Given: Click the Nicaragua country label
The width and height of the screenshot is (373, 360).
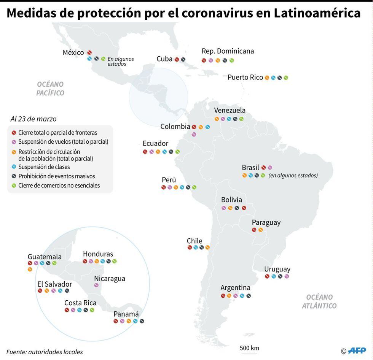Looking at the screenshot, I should pos(110,279).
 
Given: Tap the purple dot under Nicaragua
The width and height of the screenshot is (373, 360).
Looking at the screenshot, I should pos(96,285).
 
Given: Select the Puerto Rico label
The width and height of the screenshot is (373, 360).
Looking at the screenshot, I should pos(245,78).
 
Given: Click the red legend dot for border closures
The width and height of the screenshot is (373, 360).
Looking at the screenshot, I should pos(14,133).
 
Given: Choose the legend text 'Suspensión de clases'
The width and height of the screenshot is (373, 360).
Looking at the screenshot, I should pos(44,167).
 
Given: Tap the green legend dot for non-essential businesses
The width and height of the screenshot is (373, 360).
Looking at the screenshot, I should pos(14,186).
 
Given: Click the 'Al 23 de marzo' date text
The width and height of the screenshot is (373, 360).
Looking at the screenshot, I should pos(33,119).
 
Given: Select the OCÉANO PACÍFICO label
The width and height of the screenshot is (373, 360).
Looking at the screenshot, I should pos(50,89).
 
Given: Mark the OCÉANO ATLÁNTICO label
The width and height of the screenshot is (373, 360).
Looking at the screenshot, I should pos(319,301).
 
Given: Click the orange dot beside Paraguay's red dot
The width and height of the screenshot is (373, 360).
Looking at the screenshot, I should pos(261,230).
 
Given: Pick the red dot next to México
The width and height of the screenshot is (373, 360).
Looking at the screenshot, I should pos(89,52).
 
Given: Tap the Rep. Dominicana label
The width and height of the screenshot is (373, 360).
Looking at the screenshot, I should pos(228,51).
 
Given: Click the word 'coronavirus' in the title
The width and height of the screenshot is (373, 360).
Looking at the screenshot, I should pos(217,13).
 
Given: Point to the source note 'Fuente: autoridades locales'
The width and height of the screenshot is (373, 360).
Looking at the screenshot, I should pos(45,352).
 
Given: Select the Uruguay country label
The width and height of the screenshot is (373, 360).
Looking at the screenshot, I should pos(277,269).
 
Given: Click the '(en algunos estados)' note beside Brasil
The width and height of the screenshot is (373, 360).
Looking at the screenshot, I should pos(293,175).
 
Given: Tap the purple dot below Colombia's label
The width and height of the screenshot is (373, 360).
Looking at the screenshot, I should pos(194,134).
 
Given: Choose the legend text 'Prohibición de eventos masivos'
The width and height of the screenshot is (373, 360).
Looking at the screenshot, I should pos(57,176).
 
